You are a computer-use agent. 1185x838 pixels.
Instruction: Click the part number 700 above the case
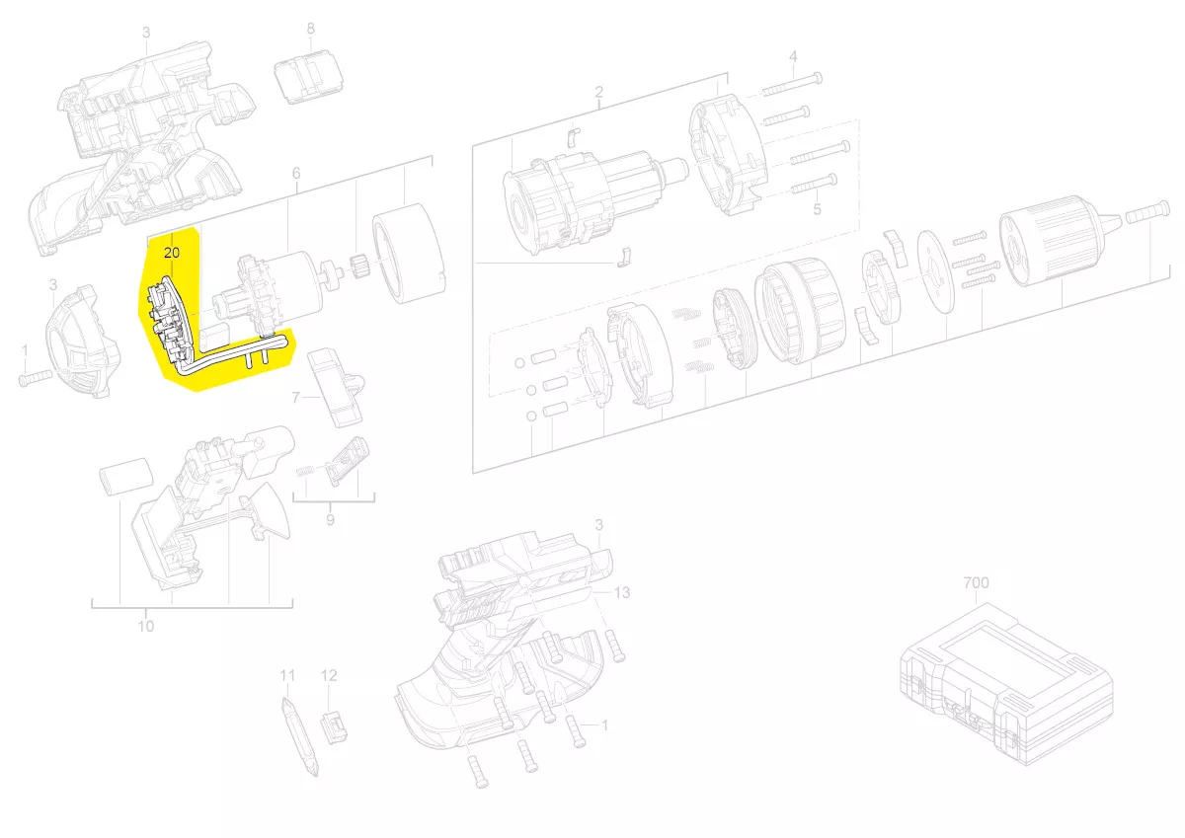click(976, 582)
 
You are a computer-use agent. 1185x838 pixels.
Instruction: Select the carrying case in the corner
click(1006, 684)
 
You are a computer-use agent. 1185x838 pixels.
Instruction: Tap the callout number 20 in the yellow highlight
click(172, 254)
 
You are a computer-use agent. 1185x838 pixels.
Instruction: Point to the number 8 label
click(310, 29)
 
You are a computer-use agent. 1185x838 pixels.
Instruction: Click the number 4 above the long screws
click(793, 56)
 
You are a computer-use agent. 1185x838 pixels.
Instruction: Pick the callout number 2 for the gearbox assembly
click(598, 92)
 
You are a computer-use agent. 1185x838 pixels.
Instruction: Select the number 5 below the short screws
click(817, 210)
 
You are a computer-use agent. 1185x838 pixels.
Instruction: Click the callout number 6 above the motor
click(296, 173)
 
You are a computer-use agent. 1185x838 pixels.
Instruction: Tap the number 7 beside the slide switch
click(295, 397)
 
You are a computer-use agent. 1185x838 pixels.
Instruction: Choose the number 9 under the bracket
click(330, 520)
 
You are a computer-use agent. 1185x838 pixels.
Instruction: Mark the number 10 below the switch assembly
click(146, 627)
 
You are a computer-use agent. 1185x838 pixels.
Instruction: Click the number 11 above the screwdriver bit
click(287, 676)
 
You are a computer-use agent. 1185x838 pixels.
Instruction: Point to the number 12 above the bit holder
click(329, 676)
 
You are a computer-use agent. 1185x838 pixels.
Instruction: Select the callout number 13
click(622, 592)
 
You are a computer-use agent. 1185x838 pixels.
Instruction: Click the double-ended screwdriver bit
click(299, 737)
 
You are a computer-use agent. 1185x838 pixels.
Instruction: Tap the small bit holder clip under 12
click(335, 726)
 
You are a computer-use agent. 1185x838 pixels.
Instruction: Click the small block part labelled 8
click(308, 76)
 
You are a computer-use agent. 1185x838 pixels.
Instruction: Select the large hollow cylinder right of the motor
click(409, 260)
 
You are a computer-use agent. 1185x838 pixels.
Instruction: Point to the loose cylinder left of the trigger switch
click(127, 477)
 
